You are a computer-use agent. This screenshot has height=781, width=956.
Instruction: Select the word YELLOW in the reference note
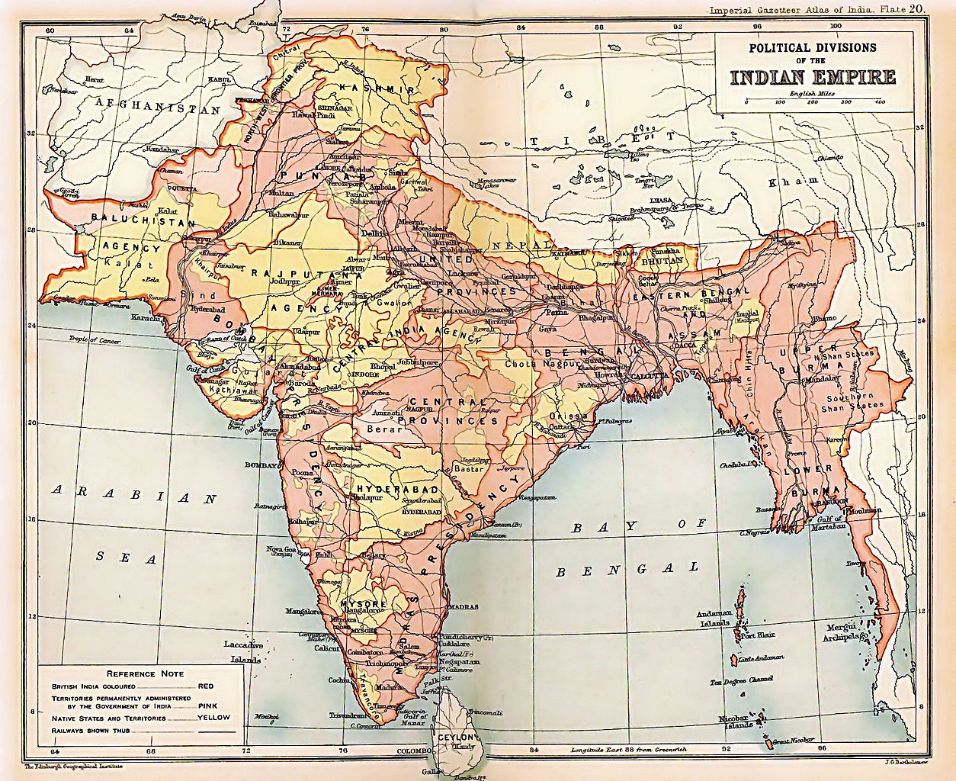[213, 718]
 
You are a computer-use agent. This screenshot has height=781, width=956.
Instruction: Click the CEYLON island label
[457, 738]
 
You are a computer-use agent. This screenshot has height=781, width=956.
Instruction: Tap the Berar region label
[383, 429]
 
